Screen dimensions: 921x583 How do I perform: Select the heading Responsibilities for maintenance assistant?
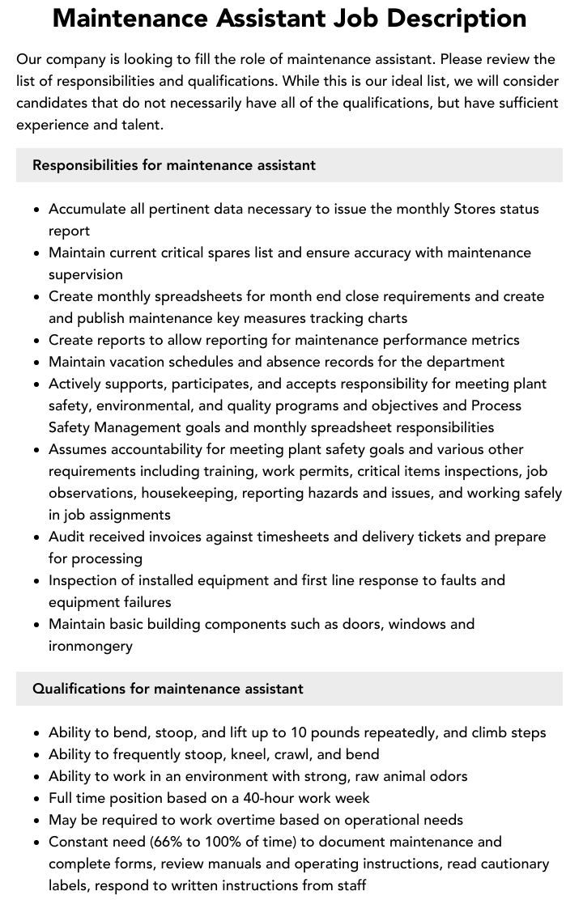[x=174, y=165]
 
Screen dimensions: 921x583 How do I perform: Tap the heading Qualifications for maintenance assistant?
[x=168, y=689]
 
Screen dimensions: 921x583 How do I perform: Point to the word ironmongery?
[x=91, y=646]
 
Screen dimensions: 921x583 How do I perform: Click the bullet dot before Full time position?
[x=37, y=799]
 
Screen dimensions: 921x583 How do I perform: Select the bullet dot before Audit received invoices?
[x=37, y=537]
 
